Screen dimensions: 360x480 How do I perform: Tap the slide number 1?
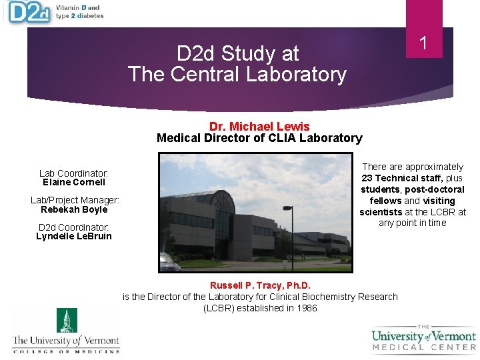[x=423, y=44]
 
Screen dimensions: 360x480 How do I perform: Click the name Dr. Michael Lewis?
[x=259, y=126]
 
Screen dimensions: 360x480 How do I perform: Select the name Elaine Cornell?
[x=74, y=182]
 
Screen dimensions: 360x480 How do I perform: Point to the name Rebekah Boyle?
[x=74, y=209]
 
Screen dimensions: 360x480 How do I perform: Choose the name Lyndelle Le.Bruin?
[x=74, y=236]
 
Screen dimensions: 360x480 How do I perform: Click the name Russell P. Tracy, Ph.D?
[x=260, y=285]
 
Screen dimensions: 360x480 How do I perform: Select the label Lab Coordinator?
[x=74, y=173]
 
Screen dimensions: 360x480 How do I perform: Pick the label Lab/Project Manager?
[x=75, y=200]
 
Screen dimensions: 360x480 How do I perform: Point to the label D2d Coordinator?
[x=74, y=227]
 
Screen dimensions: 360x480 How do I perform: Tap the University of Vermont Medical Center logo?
[x=424, y=337]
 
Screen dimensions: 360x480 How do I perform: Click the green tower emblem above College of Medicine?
[x=66, y=320]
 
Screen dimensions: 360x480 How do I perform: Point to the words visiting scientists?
[x=413, y=207]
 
